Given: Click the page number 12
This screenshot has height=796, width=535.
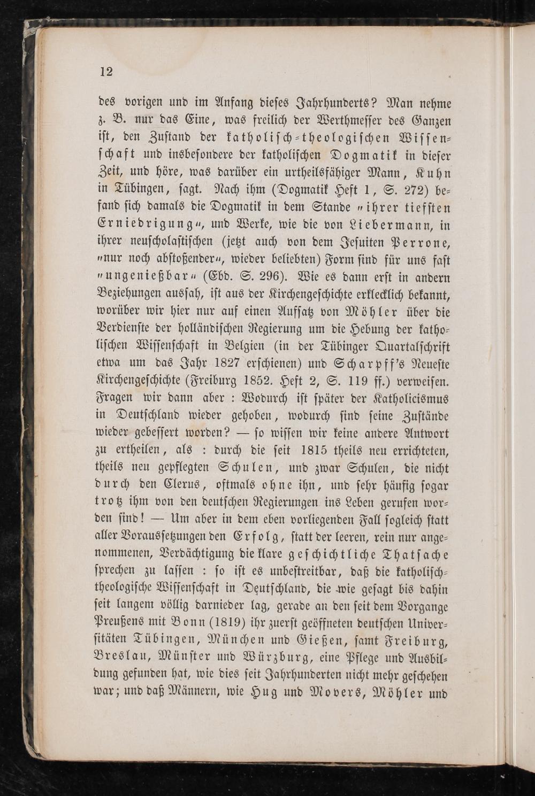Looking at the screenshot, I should [106, 72].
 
